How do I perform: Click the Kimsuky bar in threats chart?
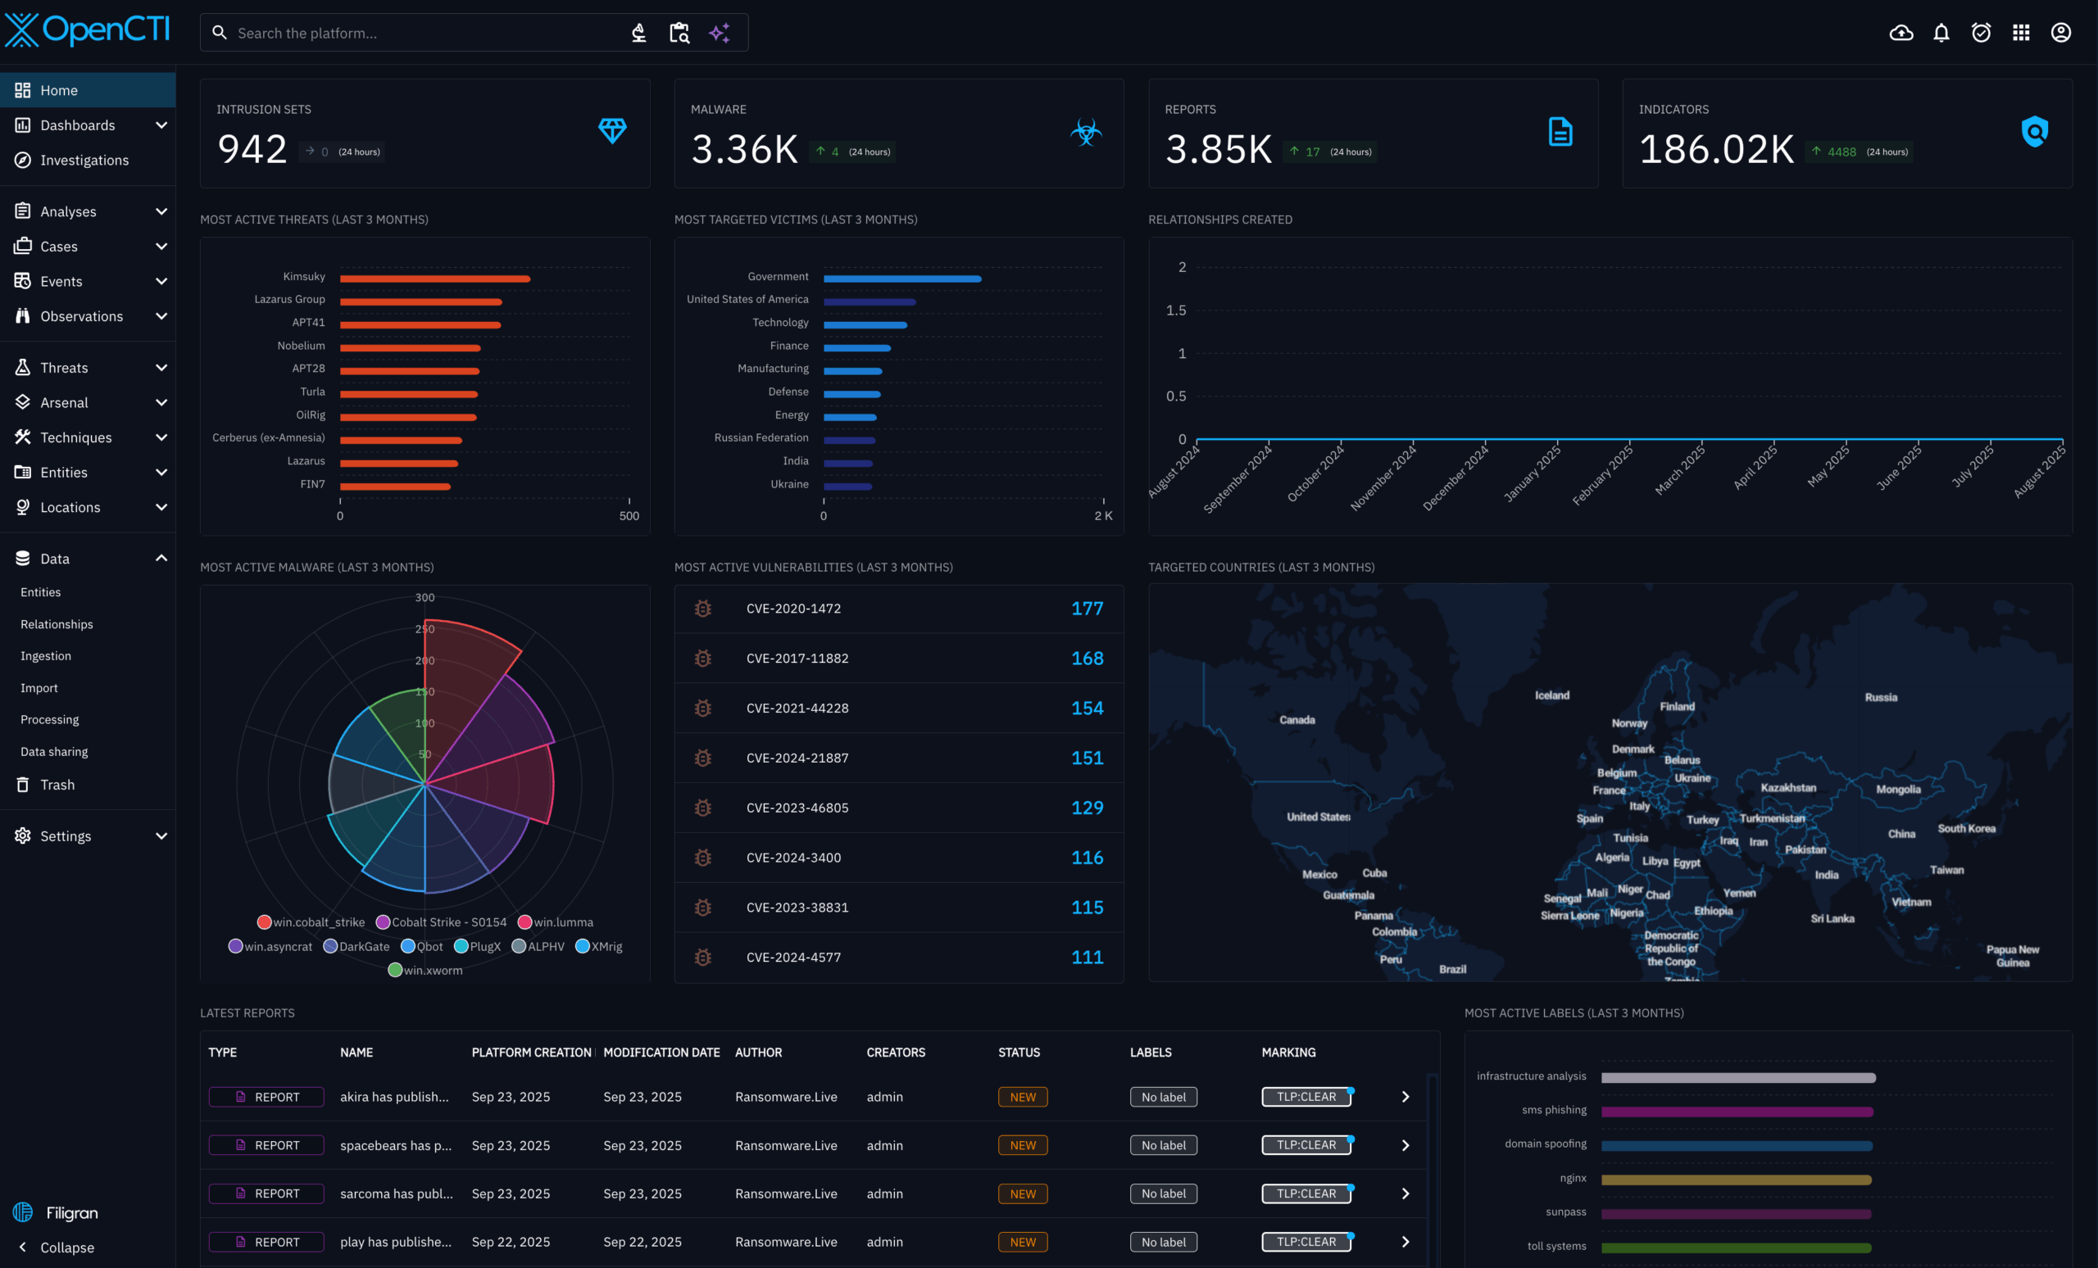point(434,279)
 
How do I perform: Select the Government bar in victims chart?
point(901,279)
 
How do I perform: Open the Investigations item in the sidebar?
point(84,160)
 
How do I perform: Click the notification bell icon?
point(1941,32)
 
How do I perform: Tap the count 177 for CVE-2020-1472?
point(1087,609)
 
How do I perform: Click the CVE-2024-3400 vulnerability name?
point(792,858)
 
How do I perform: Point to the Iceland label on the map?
point(1551,695)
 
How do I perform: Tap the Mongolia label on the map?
point(1898,789)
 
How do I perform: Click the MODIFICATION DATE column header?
point(661,1052)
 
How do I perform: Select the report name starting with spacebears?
point(396,1145)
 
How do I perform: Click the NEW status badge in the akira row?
point(1022,1097)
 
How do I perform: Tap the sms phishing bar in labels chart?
point(1736,1112)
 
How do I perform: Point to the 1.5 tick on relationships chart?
point(1176,310)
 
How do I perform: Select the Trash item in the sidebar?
point(57,785)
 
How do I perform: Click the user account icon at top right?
point(2059,32)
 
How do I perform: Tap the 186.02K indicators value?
point(1716,150)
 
